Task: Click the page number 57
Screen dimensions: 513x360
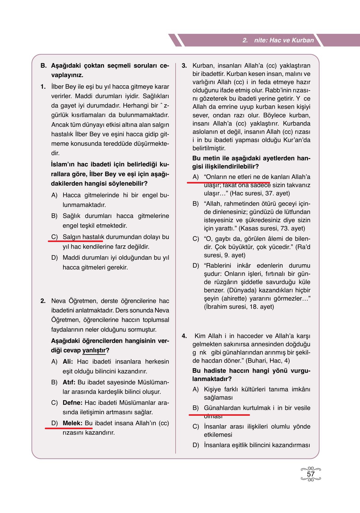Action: coord(311,474)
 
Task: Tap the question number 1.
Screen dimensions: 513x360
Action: coord(43,87)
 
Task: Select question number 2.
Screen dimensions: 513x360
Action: coord(43,301)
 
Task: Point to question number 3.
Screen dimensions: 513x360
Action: coord(184,66)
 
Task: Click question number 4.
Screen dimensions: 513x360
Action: coord(184,336)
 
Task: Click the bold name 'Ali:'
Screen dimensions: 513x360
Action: coord(68,362)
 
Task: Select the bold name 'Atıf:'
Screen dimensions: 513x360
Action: coord(69,382)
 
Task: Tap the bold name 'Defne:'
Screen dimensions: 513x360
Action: coord(72,403)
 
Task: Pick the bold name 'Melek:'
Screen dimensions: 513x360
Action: coord(72,423)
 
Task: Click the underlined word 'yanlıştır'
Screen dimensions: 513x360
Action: coord(94,351)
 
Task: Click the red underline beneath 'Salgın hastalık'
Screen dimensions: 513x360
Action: coord(76,241)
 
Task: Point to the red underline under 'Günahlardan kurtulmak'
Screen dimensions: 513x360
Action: coord(219,415)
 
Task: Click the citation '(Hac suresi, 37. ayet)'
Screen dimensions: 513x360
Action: coord(260,194)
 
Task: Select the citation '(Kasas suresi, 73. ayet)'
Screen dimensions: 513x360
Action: coord(272,229)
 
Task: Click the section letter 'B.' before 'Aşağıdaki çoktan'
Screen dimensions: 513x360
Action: coord(44,66)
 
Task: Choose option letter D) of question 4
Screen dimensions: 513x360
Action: coord(195,445)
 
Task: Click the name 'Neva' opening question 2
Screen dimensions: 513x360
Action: coord(57,301)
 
